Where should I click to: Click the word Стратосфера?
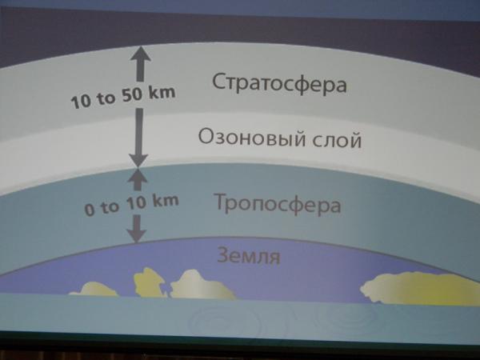279,83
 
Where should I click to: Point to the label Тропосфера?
278,203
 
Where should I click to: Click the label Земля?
249,256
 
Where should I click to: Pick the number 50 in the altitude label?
132,95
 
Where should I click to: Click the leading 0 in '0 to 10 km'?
90,210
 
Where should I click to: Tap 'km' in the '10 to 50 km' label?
162,92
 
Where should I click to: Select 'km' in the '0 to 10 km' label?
166,201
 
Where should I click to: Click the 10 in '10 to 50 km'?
81,102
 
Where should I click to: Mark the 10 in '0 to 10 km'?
137,203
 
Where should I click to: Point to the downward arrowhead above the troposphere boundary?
138,161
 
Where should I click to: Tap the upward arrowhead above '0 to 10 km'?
138,174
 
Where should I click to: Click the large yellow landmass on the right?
420,288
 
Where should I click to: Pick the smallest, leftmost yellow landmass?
94,290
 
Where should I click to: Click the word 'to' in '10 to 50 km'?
106,99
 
